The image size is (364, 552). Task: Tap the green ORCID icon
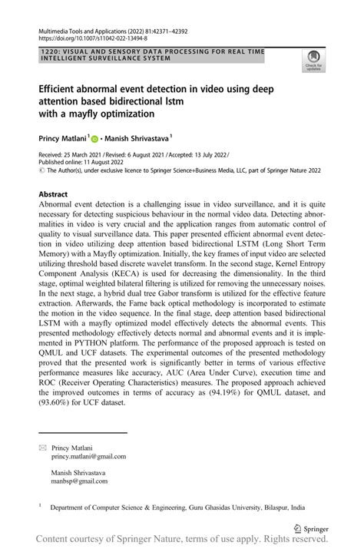(95, 140)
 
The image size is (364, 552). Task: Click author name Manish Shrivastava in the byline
(141, 140)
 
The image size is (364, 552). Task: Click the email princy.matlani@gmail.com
(88, 456)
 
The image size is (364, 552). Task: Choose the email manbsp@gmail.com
(78, 481)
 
